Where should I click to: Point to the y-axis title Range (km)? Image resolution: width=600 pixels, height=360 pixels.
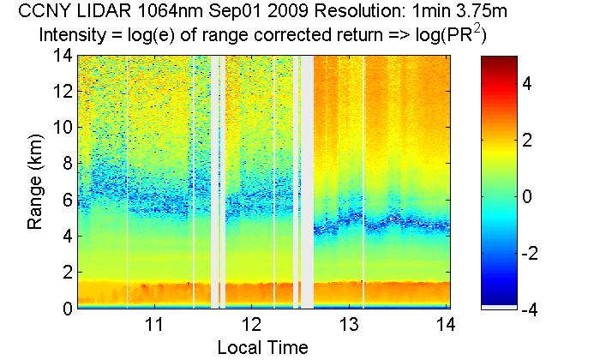point(35,182)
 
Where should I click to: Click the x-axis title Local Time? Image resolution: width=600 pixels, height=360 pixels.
point(262,347)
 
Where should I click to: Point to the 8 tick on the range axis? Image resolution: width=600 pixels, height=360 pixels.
point(62,164)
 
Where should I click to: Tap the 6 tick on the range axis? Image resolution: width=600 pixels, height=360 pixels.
point(62,200)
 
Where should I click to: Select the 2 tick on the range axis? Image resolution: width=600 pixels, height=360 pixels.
point(62,272)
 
